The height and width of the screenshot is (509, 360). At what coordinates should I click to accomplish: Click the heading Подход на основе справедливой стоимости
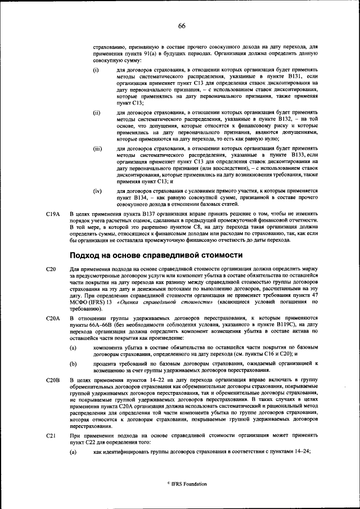click(156, 255)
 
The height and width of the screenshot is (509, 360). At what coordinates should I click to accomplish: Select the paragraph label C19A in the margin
click(52, 214)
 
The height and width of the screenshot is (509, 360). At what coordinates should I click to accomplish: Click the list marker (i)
click(96, 70)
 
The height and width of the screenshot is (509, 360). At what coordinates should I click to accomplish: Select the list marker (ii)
click(97, 113)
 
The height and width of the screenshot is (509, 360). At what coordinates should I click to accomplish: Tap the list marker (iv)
click(97, 191)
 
